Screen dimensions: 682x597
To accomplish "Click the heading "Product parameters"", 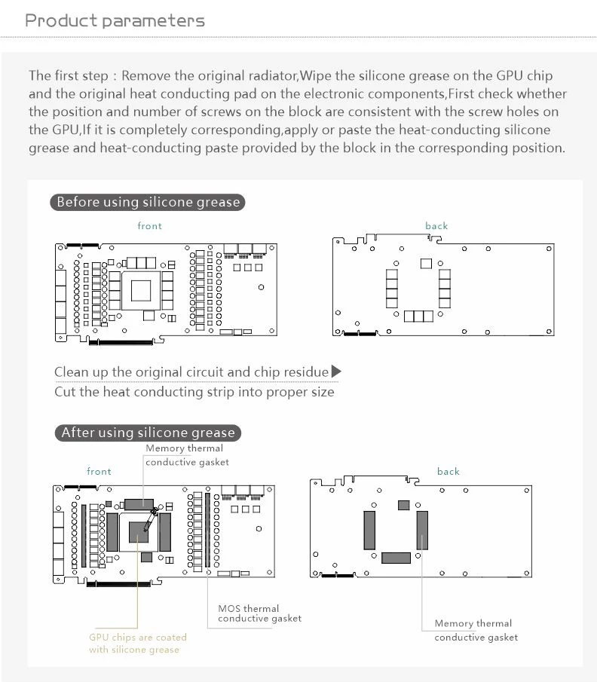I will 115,20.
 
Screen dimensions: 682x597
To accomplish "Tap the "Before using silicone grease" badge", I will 148,202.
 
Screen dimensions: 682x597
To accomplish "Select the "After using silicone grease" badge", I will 148,433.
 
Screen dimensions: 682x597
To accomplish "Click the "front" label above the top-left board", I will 149,226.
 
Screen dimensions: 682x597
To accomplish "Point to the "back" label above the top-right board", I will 436,226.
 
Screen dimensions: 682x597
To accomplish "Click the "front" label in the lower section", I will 99,472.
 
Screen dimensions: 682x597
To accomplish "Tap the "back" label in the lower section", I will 448,472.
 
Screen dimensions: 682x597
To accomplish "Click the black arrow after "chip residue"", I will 336,372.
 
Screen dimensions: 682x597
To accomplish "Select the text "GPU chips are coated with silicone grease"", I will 137,643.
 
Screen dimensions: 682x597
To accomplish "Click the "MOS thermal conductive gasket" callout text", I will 259,613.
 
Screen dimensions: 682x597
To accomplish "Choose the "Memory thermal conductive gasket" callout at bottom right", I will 476,630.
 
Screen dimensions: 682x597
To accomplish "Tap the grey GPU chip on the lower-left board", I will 139,533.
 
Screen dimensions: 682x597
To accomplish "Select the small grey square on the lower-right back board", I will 403,504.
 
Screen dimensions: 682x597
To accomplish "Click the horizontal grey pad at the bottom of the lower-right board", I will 396,558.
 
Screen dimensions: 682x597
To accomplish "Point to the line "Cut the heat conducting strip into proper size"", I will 194,392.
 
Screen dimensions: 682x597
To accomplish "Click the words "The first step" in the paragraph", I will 69,76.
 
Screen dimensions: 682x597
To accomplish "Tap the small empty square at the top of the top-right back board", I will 425,263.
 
